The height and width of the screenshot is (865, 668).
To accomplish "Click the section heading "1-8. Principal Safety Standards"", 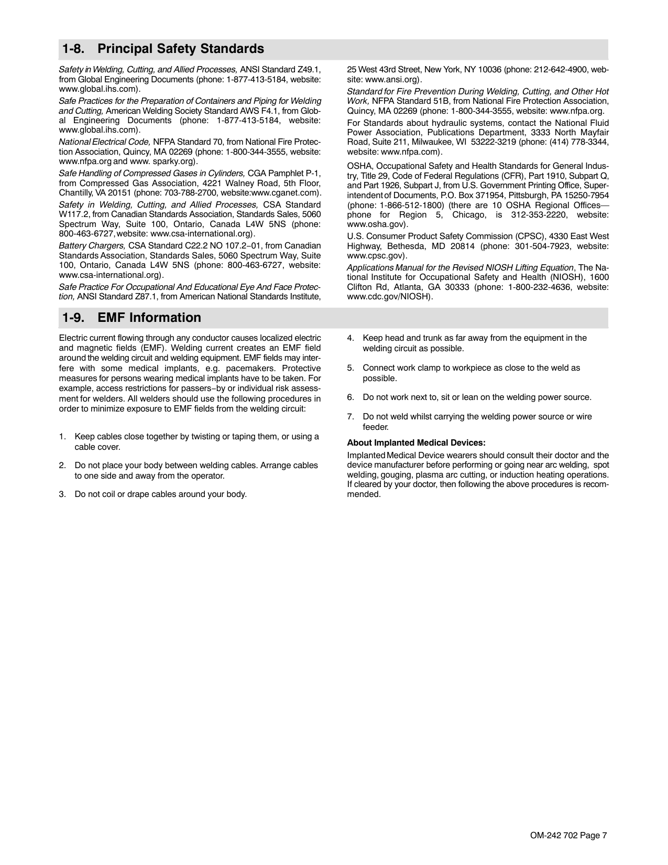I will tap(163, 49).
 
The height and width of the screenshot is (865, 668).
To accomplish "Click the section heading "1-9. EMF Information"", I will tap(132, 318).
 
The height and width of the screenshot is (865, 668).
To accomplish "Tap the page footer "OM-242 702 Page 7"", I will tap(568, 836).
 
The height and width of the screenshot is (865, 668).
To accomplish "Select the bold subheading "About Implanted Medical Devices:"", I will tap(416, 442).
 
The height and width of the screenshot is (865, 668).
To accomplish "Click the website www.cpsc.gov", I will tap(376, 256).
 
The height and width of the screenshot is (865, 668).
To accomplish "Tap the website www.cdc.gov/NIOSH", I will tap(389, 297).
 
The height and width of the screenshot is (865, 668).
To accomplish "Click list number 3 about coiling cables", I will tap(62, 494).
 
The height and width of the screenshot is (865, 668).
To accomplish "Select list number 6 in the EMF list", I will tap(350, 397).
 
